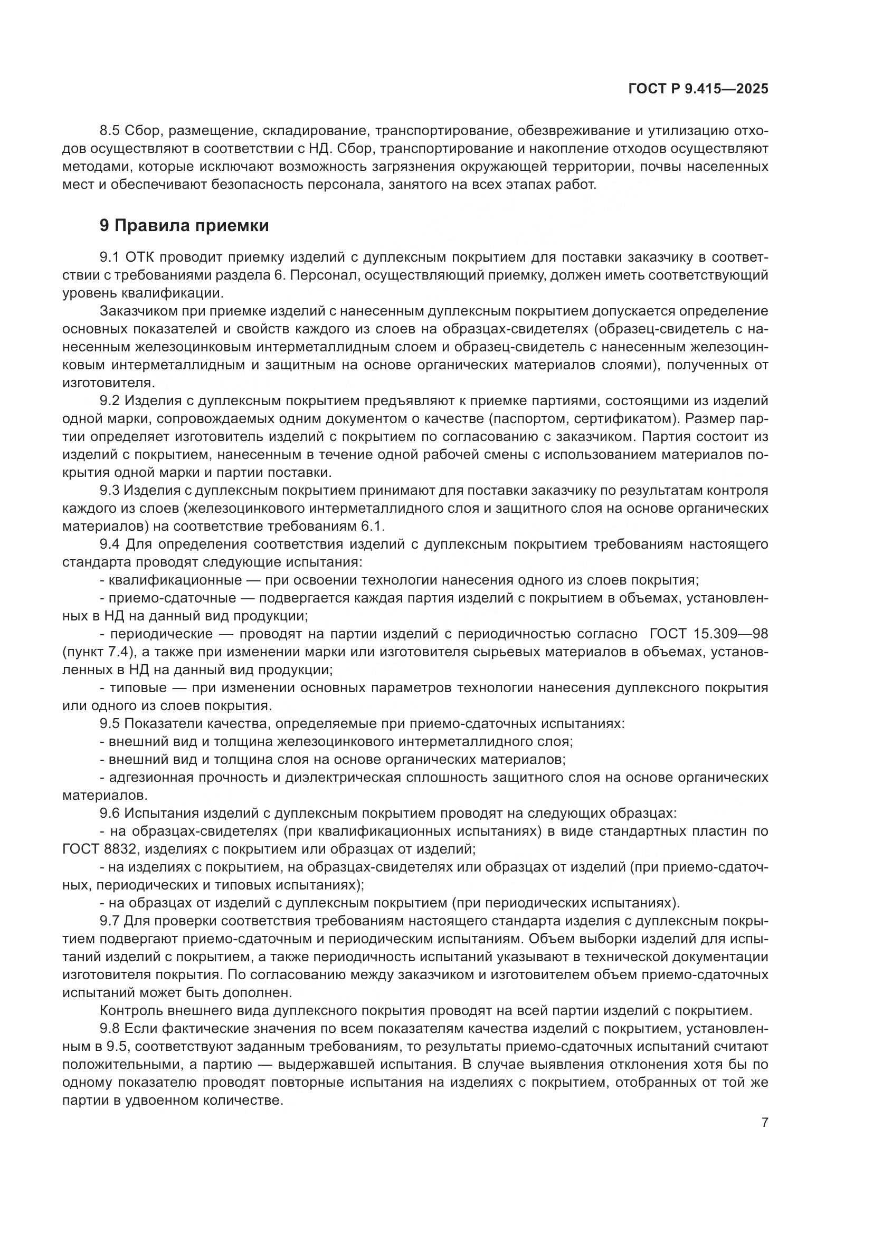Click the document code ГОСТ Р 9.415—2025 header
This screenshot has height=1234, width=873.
pos(698,89)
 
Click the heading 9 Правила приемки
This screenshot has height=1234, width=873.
pos(184,226)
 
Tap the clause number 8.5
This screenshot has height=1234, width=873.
pos(110,131)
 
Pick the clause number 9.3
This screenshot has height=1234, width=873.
pos(110,490)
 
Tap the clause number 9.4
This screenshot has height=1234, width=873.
pos(110,544)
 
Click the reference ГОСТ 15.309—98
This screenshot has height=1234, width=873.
pos(708,634)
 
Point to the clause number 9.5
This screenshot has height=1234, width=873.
pos(110,723)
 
